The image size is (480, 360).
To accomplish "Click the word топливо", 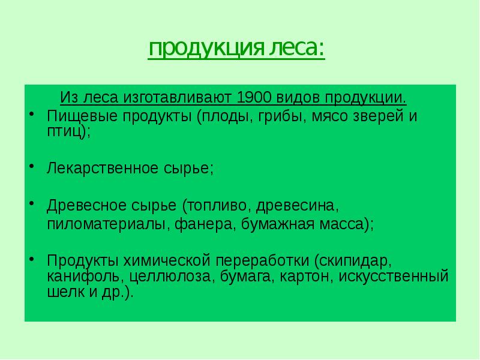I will coord(220,206).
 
